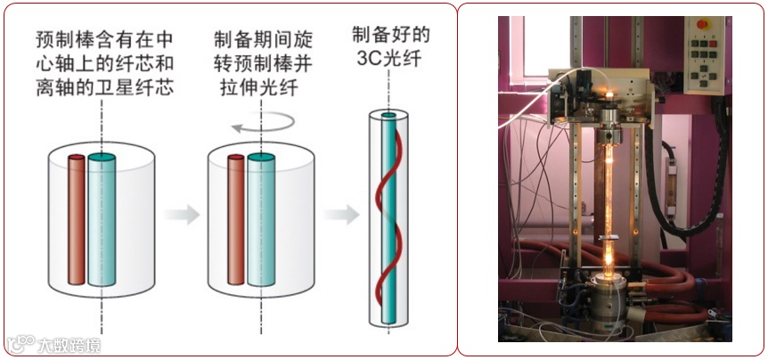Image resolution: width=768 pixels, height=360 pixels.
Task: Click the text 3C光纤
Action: click(392, 61)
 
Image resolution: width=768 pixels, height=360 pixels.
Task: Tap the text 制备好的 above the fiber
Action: click(391, 37)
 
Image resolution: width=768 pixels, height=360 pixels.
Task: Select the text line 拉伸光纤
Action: click(259, 87)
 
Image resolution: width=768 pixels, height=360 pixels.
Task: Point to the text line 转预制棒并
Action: click(259, 63)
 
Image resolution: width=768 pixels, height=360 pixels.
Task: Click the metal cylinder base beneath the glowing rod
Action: click(612, 294)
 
